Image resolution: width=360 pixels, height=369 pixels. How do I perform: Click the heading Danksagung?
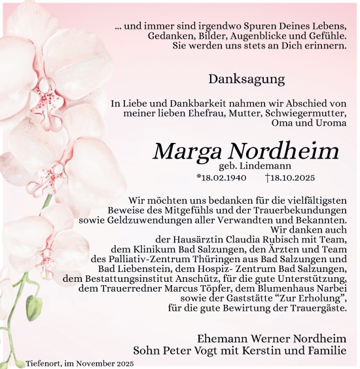coord(247,79)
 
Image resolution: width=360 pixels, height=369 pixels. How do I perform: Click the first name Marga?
coord(186,151)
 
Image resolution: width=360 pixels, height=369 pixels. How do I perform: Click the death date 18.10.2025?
coord(293,178)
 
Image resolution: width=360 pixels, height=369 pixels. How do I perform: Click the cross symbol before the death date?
coord(268,178)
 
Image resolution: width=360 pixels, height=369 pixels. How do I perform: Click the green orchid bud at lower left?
coord(33,308)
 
